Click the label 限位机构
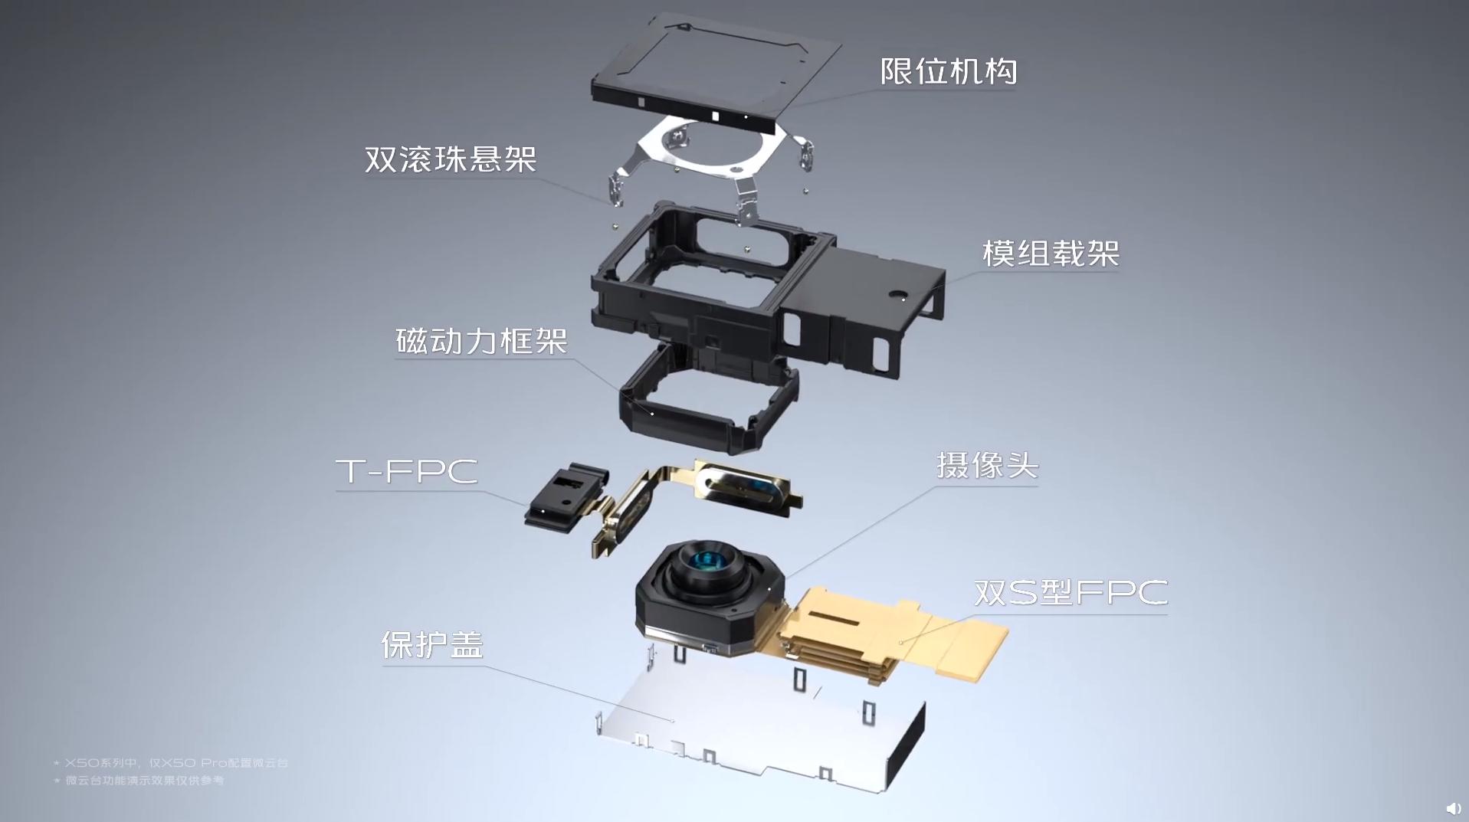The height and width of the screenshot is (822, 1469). (948, 72)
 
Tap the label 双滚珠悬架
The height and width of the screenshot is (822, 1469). (451, 159)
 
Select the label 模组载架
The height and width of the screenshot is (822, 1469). (1051, 254)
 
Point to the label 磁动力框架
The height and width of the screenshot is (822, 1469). (482, 341)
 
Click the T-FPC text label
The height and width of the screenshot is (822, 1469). (407, 471)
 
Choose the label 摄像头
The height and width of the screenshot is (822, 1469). (987, 465)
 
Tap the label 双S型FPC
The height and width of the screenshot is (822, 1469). (1071, 592)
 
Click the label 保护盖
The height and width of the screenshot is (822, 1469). (432, 645)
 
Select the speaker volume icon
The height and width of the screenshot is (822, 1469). (1453, 808)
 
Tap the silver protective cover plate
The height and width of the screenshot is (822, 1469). (759, 728)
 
